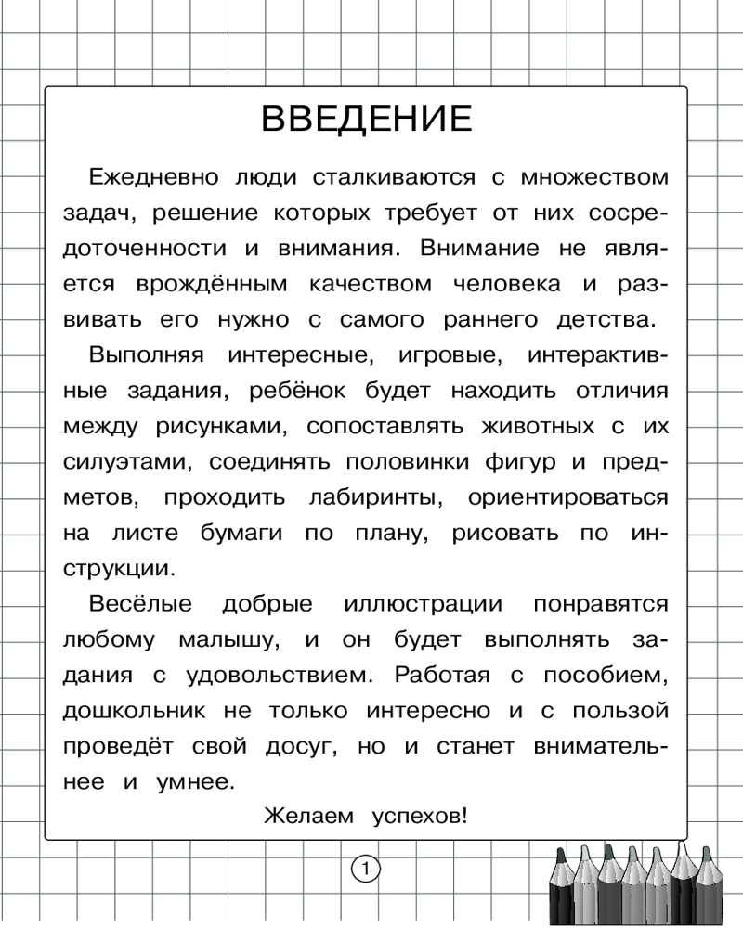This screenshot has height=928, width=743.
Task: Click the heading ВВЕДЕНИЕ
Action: (x=366, y=121)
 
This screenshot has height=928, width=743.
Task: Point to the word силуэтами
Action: (x=128, y=462)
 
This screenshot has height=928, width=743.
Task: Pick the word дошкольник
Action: (x=137, y=711)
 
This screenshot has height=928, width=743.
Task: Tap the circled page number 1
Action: (x=366, y=870)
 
